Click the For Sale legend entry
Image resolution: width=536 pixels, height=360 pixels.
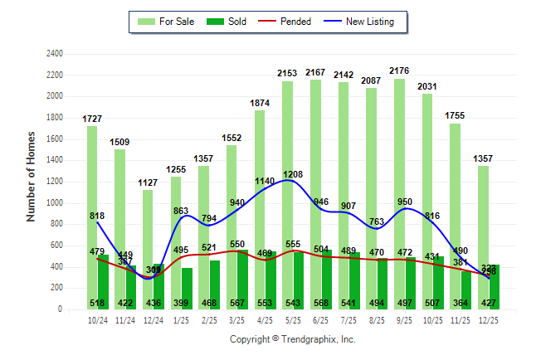(x=168, y=22)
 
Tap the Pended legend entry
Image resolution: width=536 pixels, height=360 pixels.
(x=285, y=22)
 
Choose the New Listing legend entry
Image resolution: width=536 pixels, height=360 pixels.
(x=361, y=22)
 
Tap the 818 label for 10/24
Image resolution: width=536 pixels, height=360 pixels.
(x=97, y=216)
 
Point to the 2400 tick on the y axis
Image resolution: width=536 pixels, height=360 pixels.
(x=55, y=54)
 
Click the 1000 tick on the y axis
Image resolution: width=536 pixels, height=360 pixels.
(x=55, y=203)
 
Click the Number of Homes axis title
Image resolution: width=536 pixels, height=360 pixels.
(x=32, y=176)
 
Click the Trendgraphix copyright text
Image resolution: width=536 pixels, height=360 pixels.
(x=292, y=340)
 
